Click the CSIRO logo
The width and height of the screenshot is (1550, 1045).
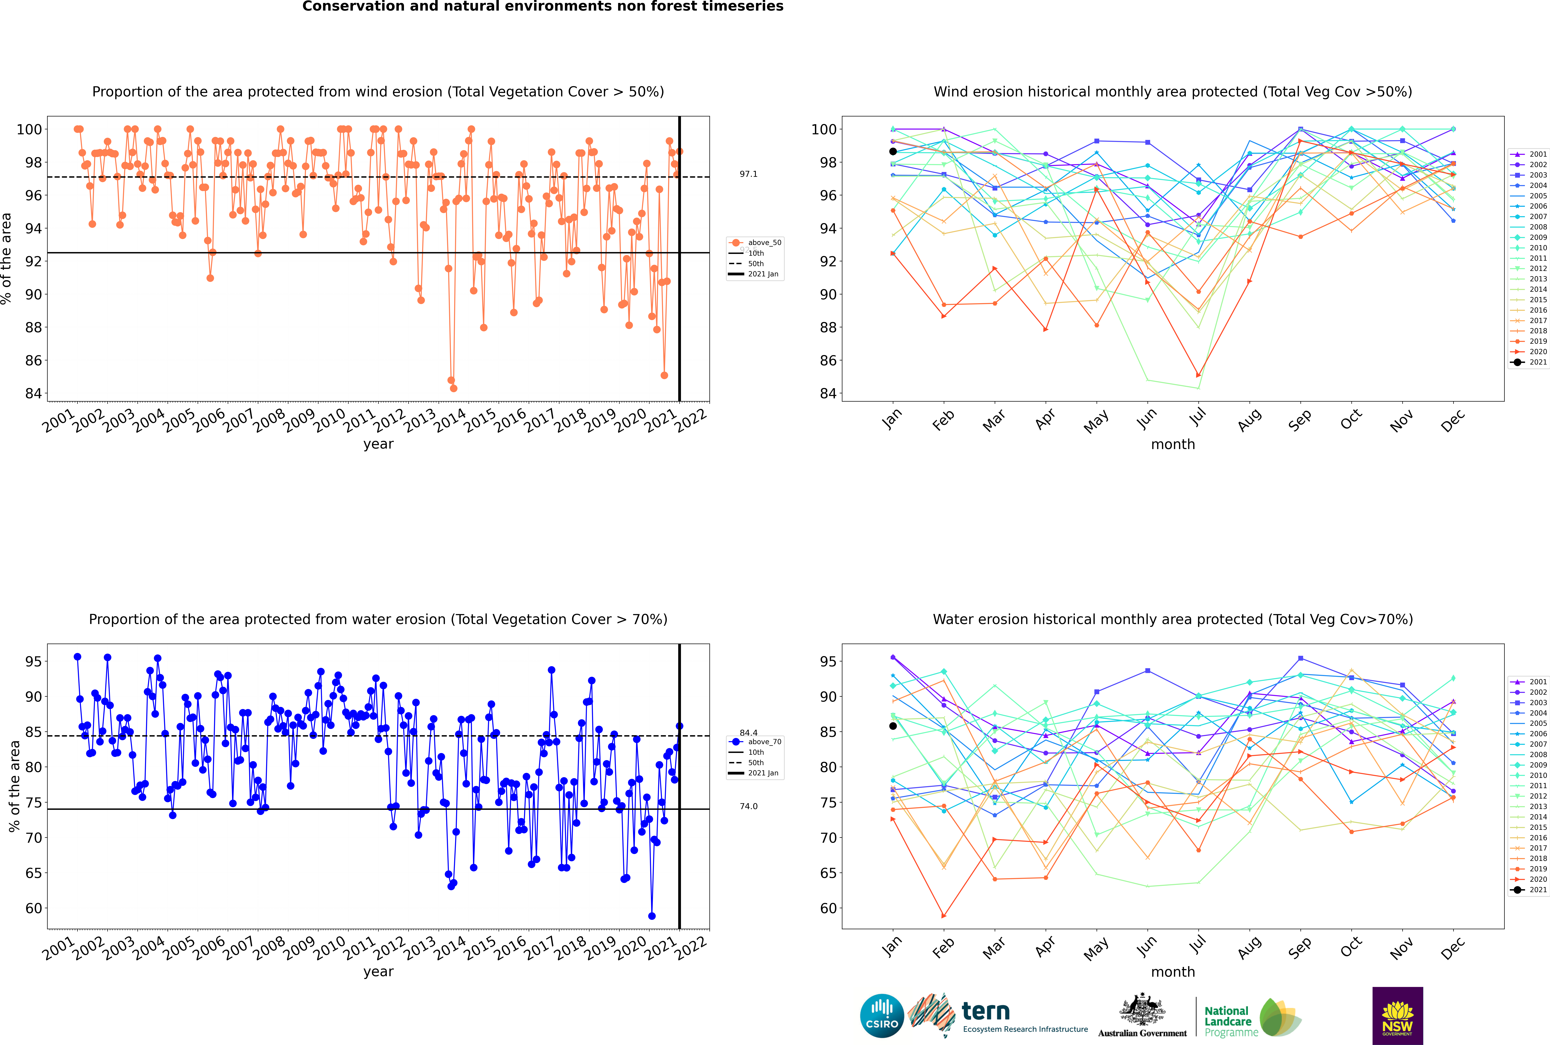click(882, 1016)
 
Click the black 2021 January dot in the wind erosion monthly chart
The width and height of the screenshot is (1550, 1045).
click(893, 151)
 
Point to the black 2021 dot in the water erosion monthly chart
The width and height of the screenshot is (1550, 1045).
click(893, 726)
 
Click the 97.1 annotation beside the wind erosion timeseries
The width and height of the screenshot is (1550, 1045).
click(748, 174)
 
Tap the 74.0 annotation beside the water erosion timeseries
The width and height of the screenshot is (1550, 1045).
click(748, 806)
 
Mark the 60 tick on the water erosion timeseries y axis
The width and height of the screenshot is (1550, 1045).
click(33, 908)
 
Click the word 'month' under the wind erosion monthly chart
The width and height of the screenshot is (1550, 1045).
click(1173, 445)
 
